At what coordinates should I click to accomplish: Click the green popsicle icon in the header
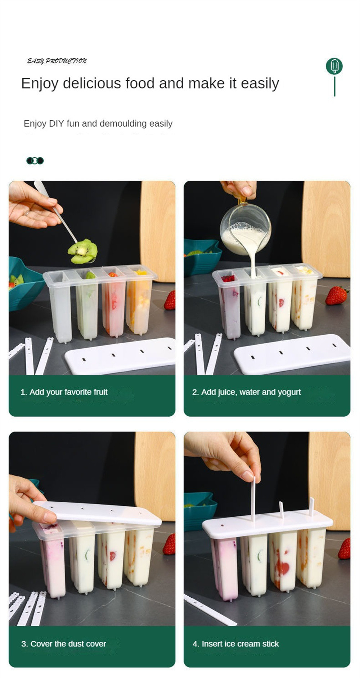tap(334, 66)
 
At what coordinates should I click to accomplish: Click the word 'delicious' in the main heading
tap(92, 83)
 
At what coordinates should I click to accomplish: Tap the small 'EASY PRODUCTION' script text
tap(57, 61)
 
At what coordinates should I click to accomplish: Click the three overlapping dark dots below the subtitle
tap(35, 161)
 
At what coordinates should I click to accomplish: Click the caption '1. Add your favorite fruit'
tap(64, 392)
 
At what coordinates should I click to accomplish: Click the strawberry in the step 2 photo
tap(336, 295)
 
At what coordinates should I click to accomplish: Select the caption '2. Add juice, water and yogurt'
tap(246, 392)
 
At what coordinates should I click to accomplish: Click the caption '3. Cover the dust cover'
tap(63, 643)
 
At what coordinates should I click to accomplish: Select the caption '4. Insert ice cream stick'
tap(235, 643)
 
